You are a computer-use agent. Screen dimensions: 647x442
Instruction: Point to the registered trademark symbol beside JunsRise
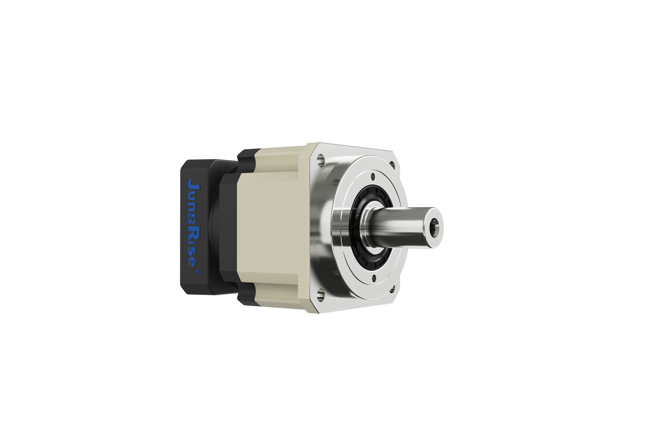coord(198,271)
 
